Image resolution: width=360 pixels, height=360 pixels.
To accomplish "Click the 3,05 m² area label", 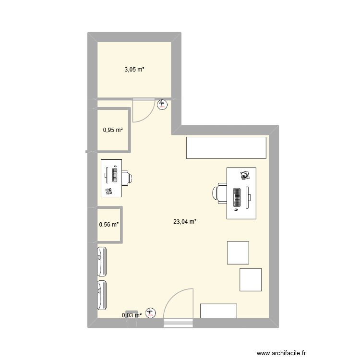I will (134, 70).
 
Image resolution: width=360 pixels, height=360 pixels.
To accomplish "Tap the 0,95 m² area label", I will (113, 130).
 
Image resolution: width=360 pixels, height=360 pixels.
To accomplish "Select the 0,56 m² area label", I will (109, 224).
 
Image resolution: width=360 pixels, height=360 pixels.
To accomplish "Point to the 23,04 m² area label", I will (185, 222).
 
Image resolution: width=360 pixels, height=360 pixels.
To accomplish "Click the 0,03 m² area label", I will (132, 315).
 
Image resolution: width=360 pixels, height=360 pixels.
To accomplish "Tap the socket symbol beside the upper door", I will (163, 104).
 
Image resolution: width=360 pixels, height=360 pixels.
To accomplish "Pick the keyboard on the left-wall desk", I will (115, 174).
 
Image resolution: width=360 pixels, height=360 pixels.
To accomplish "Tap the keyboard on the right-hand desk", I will (237, 197).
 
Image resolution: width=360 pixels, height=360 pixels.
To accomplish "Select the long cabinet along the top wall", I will (226, 147).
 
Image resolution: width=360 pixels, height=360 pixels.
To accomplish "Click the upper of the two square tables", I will (238, 252).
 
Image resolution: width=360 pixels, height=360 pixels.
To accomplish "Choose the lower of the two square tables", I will (251, 279).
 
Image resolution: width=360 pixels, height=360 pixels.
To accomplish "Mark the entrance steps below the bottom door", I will (179, 323).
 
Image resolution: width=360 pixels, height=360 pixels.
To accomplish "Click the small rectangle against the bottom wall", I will (219, 311).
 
